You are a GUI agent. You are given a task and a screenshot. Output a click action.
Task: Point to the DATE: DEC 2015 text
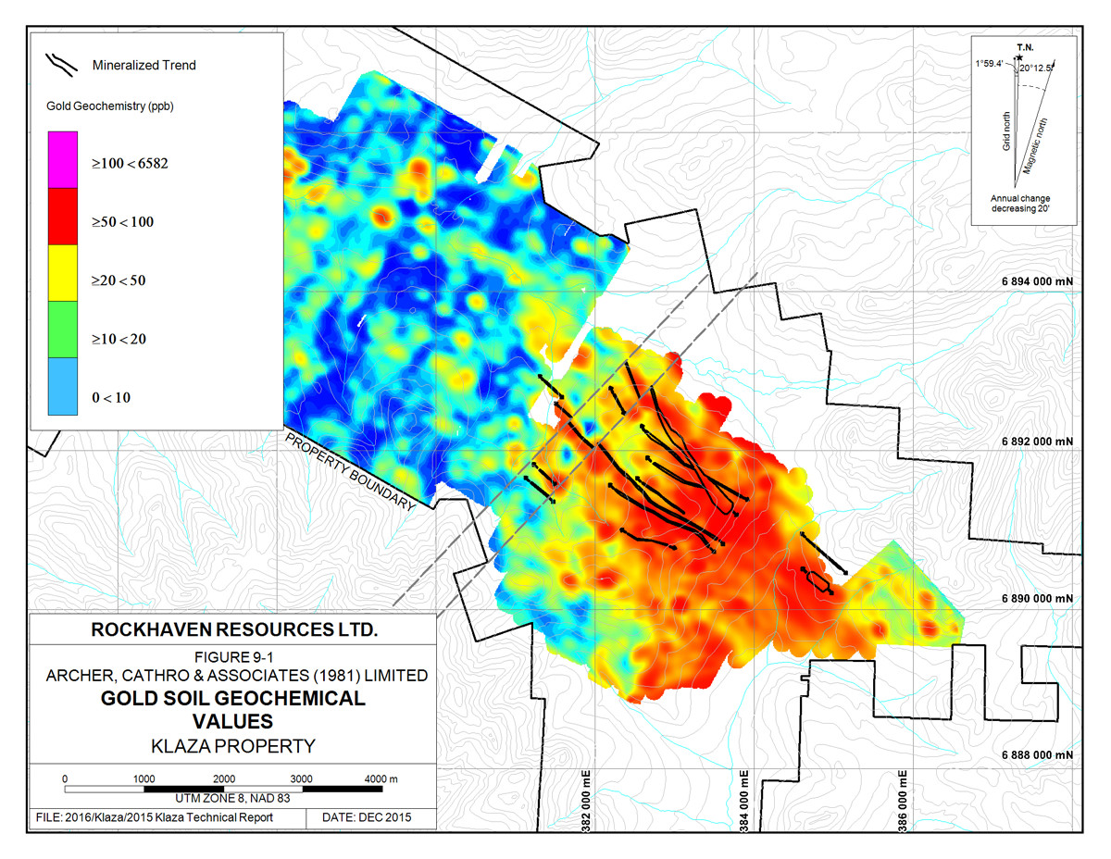[x=366, y=818]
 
